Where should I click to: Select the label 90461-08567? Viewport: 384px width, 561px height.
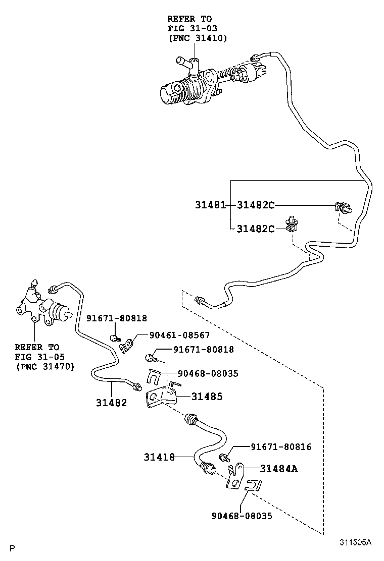pos(179,335)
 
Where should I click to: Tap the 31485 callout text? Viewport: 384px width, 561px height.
pos(207,397)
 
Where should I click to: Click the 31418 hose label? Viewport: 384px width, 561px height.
pos(159,457)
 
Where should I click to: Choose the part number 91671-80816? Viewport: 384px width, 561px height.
pos(281,447)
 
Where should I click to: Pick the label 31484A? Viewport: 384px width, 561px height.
pos(278,469)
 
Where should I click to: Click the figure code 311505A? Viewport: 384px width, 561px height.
pos(355,543)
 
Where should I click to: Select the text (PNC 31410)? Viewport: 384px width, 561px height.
pos(198,38)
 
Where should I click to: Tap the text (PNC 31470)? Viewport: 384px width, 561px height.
pos(44,366)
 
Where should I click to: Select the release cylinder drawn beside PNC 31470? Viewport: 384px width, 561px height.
pos(43,308)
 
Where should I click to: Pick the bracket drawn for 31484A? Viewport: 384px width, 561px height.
pos(234,477)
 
